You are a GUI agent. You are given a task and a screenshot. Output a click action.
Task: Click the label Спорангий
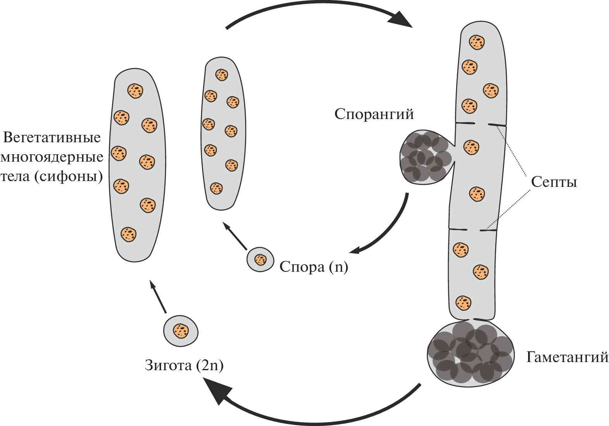click(374, 114)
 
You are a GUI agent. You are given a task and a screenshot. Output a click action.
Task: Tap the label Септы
click(554, 182)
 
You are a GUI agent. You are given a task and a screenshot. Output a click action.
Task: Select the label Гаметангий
click(567, 357)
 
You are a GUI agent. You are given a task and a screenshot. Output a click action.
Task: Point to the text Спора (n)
click(314, 267)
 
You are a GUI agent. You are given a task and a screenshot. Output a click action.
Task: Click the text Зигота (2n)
click(184, 365)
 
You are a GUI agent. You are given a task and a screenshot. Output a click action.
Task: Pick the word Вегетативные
click(52, 138)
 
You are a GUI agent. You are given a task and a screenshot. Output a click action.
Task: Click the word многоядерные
click(52, 157)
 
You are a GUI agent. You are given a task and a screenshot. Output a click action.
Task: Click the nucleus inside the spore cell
click(261, 259)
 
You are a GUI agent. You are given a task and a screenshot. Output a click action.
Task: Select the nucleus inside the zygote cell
click(181, 331)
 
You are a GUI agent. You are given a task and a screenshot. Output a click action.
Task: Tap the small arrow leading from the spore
click(235, 236)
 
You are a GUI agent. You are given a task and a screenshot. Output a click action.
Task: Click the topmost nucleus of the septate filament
click(477, 42)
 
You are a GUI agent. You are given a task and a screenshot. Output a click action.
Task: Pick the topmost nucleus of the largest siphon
click(135, 91)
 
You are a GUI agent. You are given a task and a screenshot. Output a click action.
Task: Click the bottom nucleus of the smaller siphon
click(216, 188)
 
